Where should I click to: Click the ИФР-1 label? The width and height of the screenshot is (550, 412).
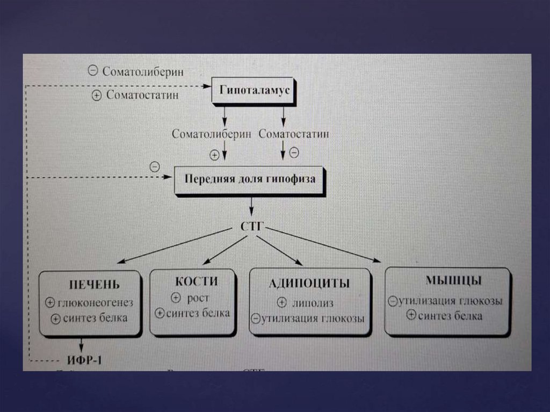(84, 360)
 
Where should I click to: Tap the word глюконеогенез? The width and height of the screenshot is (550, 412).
(95, 302)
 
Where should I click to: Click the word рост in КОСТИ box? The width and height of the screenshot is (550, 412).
(198, 298)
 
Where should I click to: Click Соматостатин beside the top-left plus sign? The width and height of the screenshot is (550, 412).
(142, 96)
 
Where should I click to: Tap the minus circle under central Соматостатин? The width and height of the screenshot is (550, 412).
(293, 153)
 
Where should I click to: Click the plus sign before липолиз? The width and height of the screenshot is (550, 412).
(281, 303)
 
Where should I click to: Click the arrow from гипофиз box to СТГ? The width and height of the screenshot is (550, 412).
(251, 207)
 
